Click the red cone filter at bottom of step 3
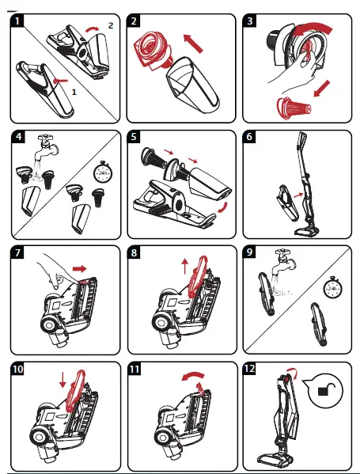point(292,106)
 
